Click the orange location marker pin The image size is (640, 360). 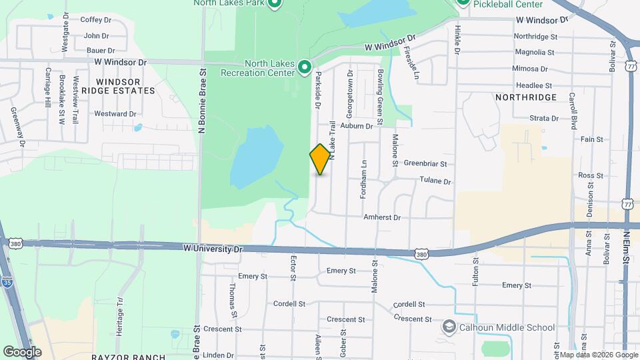tap(320, 159)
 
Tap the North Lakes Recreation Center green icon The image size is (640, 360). tap(305, 67)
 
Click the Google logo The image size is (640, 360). tap(22, 351)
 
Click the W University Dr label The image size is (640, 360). tap(211, 249)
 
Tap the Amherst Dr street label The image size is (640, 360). tap(382, 217)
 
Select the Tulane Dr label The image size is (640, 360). tap(435, 181)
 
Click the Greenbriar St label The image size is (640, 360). tap(425, 163)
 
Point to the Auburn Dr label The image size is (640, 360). tap(355, 125)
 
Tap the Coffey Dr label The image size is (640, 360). tap(95, 20)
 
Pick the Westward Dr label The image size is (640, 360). tap(115, 114)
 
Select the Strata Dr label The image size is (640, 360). tap(544, 118)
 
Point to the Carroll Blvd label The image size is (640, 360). tap(573, 107)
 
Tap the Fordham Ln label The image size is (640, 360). tap(365, 172)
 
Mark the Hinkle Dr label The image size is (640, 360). tap(458, 35)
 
